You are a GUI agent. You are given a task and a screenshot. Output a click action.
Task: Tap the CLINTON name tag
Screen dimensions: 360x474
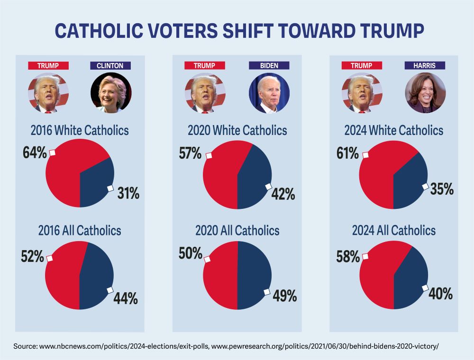110,66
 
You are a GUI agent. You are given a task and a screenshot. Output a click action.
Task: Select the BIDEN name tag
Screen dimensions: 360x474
269,66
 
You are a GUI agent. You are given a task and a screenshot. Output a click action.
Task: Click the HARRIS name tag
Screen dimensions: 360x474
425,66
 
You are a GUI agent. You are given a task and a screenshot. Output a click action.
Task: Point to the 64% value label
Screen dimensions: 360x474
35,153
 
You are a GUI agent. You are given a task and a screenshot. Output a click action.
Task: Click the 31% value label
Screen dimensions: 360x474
127,193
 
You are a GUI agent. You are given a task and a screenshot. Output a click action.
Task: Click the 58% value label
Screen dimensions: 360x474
348,257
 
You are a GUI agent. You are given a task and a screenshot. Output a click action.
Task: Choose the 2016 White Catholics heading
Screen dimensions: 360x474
80,130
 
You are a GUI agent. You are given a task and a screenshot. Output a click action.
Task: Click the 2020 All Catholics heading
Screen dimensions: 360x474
237,231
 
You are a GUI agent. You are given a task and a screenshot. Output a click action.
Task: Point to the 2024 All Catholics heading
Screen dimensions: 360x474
393,231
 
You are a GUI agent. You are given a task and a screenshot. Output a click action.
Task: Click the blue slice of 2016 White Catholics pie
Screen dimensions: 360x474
97,182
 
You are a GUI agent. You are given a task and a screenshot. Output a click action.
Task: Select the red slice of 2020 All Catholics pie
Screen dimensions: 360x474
220,275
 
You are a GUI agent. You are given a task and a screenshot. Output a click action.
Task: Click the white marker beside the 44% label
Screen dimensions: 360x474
110,290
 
